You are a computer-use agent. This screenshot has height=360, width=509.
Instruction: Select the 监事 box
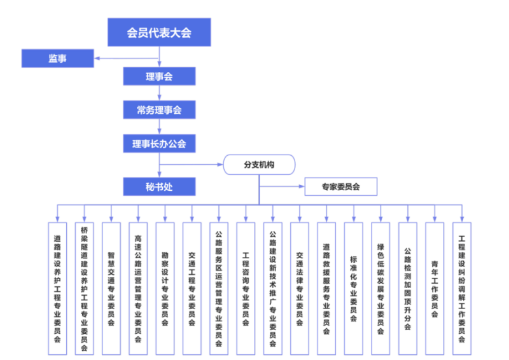(58, 59)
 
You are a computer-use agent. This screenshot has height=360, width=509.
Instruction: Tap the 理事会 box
(158, 76)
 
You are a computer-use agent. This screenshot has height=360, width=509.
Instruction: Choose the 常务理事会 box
(158, 110)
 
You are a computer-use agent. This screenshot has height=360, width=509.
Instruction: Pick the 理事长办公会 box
(158, 144)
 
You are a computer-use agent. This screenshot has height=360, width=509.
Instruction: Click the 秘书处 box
(158, 186)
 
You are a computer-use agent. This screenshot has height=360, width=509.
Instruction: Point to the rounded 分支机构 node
(259, 165)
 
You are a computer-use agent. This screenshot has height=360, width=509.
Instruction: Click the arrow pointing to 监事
(99, 60)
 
